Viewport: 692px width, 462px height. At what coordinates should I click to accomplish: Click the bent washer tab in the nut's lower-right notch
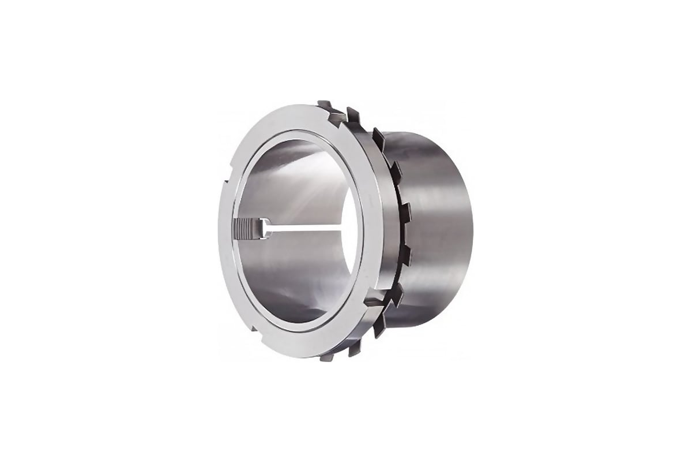375,300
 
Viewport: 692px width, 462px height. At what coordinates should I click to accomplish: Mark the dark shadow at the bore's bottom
294,306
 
